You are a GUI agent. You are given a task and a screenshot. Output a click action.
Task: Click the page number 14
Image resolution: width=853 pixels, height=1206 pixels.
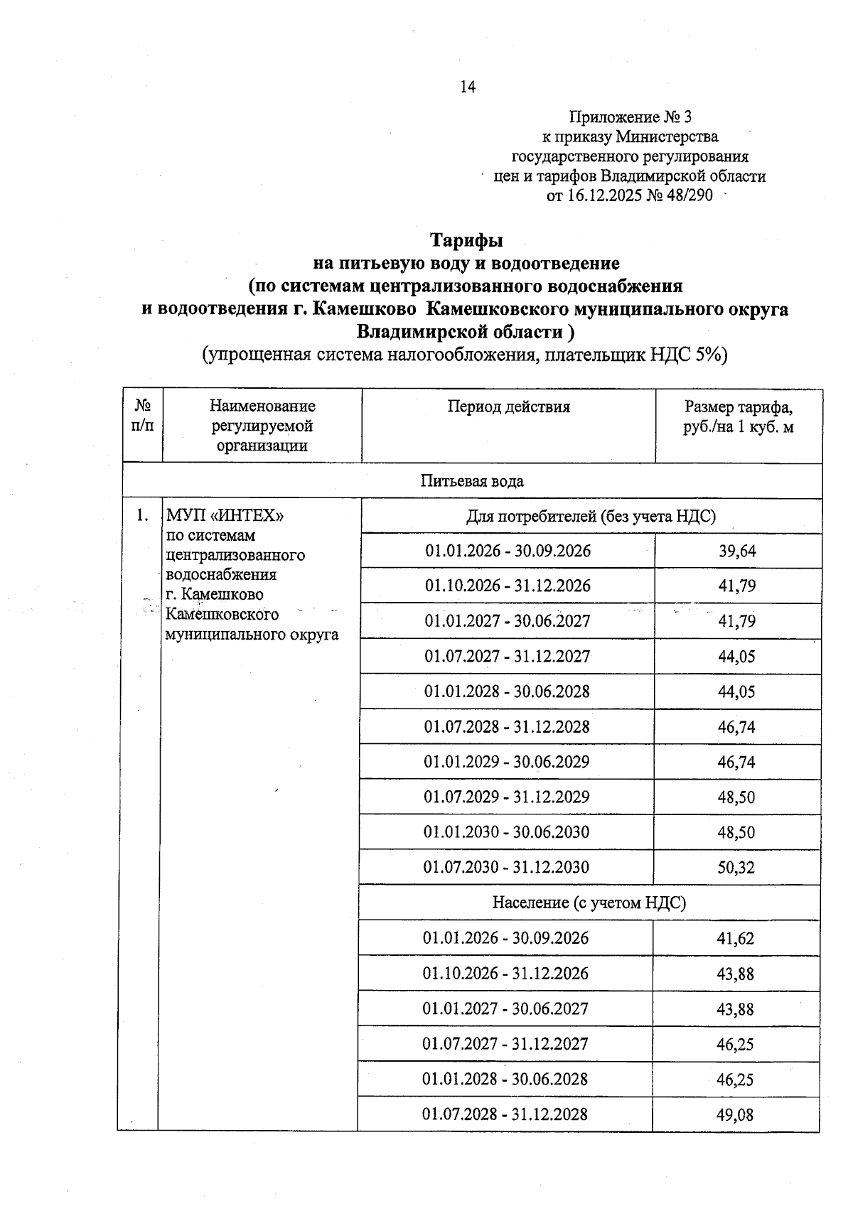467,87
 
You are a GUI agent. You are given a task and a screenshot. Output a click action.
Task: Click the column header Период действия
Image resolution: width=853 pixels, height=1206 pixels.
508,407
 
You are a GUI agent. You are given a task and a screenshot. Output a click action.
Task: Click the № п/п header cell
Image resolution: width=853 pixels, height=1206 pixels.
143,416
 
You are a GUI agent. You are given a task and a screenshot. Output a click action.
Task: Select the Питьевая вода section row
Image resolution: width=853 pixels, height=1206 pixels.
472,481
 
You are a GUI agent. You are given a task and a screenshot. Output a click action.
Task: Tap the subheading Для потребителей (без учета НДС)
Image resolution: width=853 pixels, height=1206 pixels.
590,517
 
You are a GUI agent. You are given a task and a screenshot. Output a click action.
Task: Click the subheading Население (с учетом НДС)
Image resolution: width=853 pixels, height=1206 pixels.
589,903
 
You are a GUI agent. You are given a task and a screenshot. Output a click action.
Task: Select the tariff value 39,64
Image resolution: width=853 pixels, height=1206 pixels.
737,551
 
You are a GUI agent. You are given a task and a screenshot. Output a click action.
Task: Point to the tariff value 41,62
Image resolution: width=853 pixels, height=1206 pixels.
735,939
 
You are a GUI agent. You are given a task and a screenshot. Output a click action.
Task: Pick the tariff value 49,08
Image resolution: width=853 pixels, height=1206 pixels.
735,1115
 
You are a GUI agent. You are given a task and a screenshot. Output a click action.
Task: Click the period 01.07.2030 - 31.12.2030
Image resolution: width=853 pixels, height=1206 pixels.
506,867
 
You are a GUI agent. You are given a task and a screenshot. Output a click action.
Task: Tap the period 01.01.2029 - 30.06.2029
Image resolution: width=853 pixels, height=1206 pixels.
507,762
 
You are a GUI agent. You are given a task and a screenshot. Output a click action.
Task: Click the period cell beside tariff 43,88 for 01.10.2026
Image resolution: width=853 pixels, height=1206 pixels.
505,974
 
